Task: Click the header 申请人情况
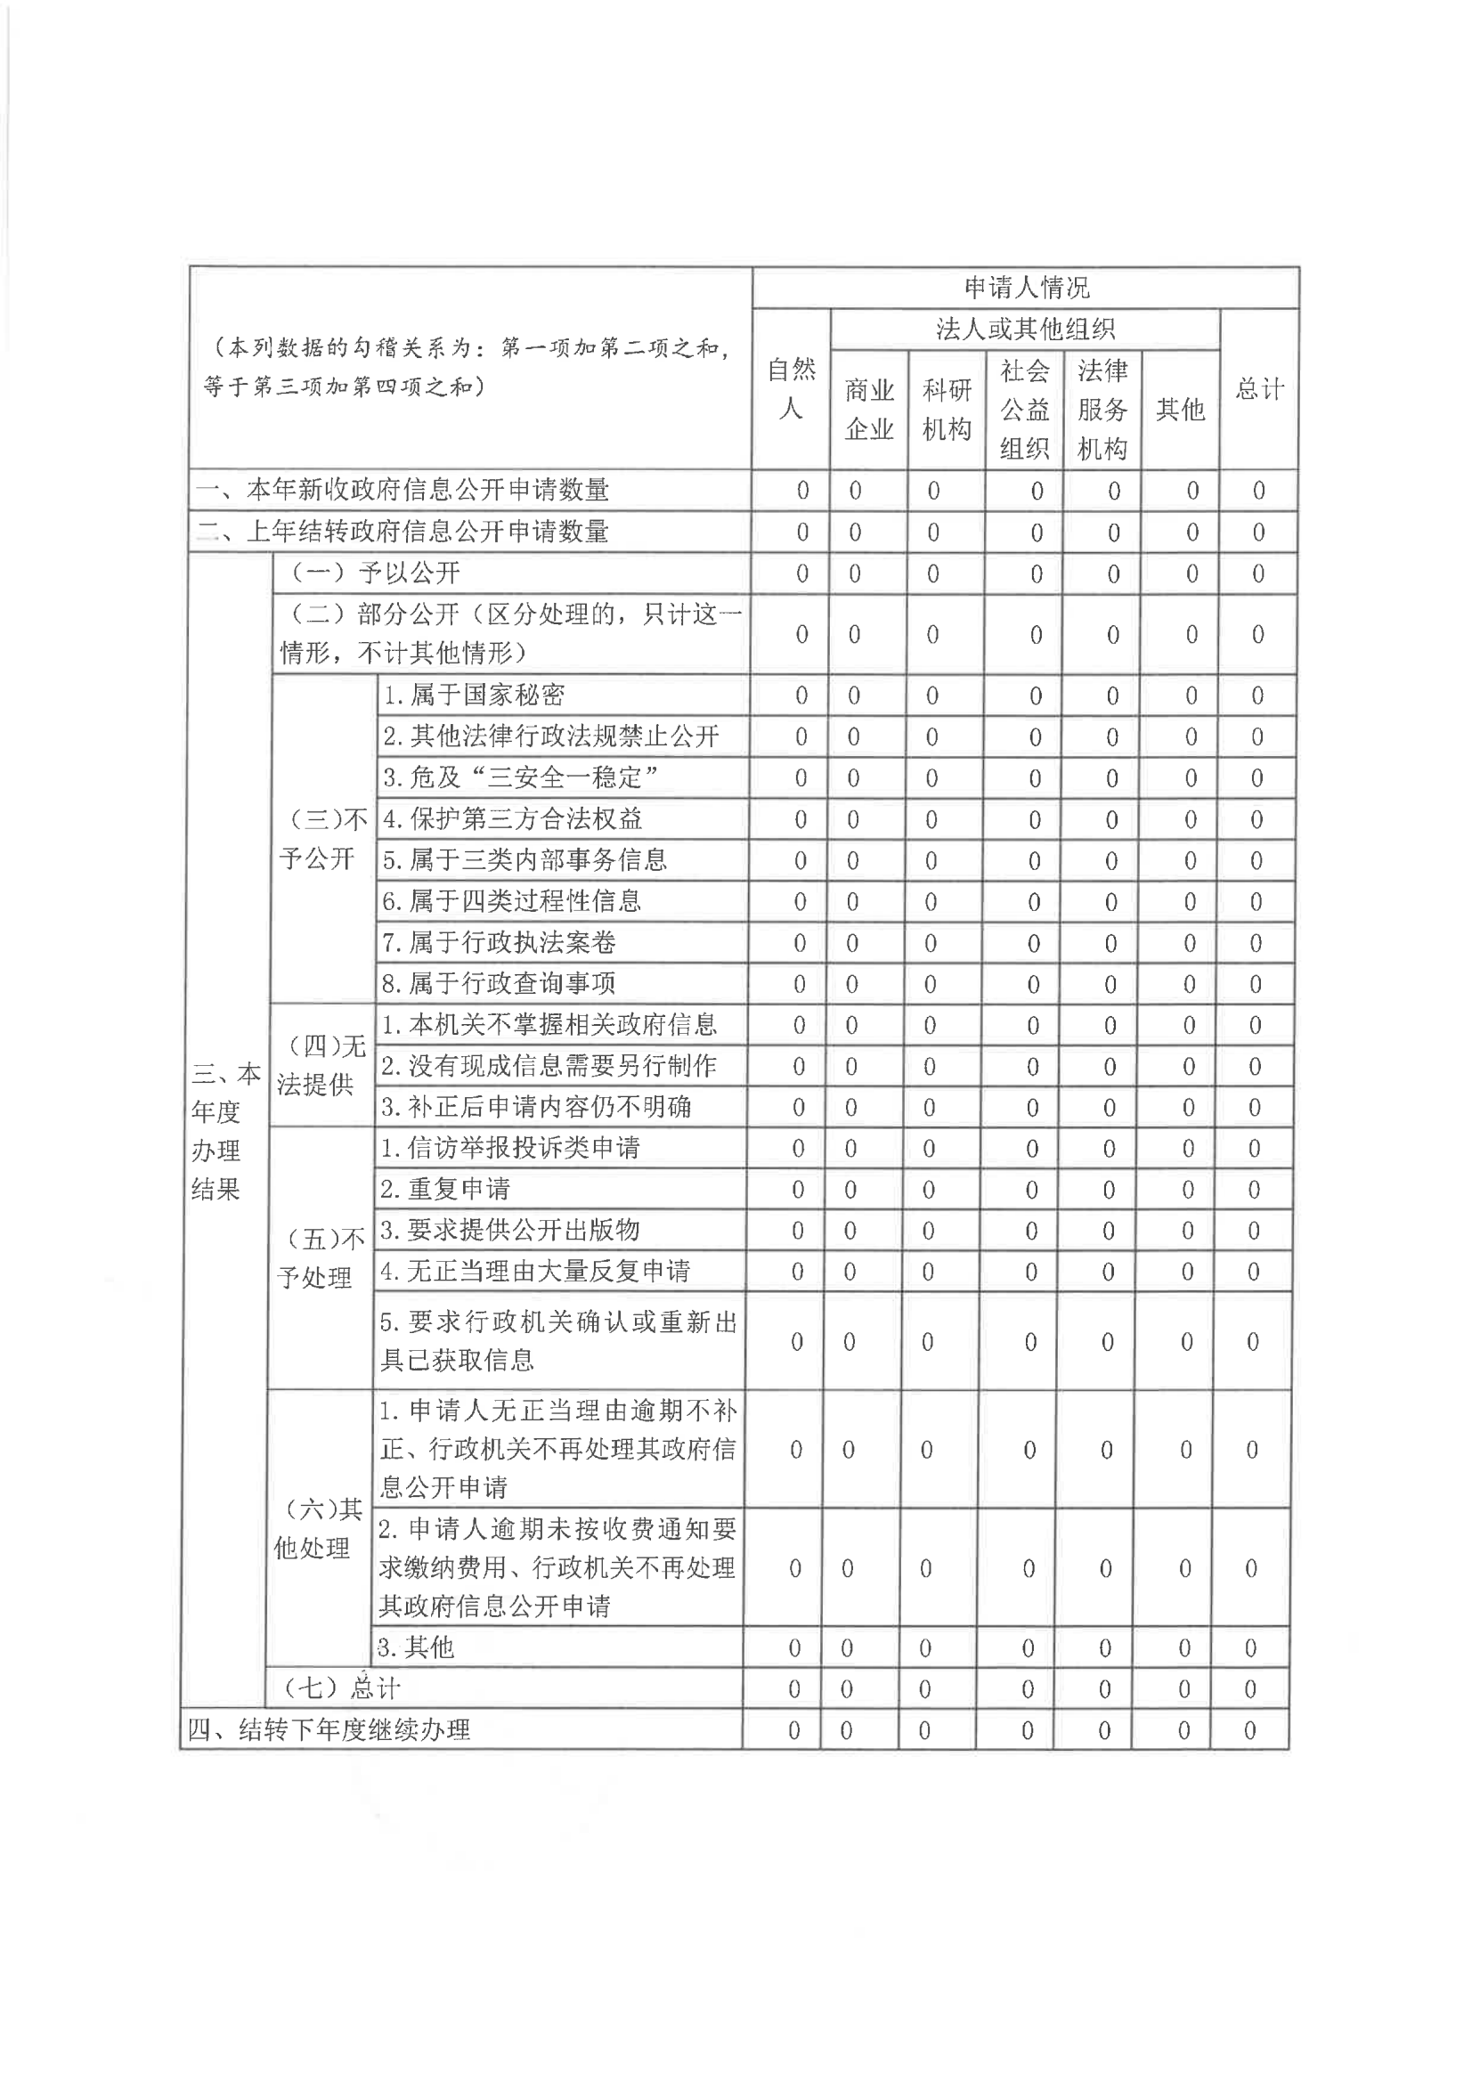[1026, 288]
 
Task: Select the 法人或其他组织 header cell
[1025, 329]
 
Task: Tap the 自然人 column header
[791, 389]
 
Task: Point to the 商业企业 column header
[869, 410]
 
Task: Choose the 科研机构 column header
[947, 410]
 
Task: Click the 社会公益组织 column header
[1025, 410]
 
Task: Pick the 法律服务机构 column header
[1102, 410]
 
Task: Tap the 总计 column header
[1260, 389]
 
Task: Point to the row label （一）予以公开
[374, 573]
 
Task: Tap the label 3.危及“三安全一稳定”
[521, 778]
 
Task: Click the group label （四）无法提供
[321, 1065]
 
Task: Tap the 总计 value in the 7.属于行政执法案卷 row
[1256, 943]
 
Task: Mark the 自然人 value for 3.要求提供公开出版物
[797, 1231]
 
